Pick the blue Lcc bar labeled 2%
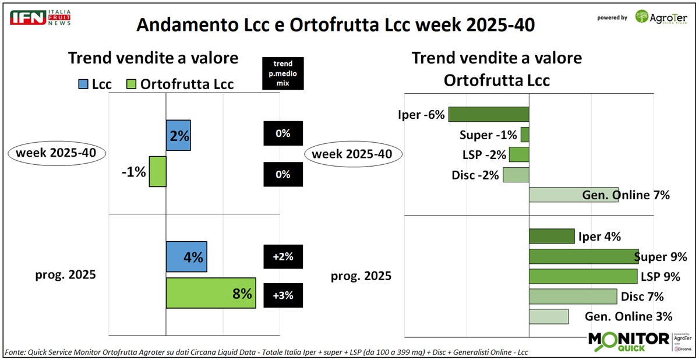tap(178, 135)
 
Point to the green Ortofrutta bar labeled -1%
tap(157, 171)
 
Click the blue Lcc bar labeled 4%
tap(186, 257)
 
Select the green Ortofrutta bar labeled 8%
tap(211, 293)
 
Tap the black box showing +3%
tap(283, 295)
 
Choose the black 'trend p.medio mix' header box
tap(283, 73)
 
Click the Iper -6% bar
tap(488, 114)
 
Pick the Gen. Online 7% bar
tap(573, 195)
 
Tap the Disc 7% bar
tap(573, 296)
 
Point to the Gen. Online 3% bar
tap(548, 316)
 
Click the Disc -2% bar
tap(516, 175)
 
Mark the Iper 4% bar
tap(552, 236)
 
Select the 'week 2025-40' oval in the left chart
tap(57, 154)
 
